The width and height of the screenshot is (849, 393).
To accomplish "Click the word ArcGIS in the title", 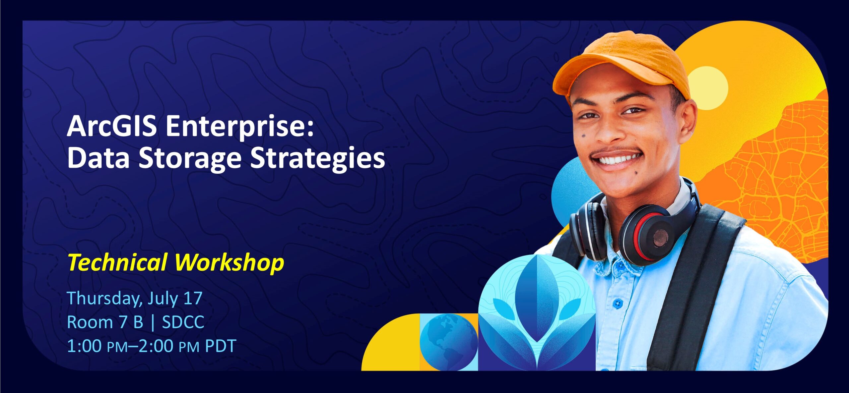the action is coord(112,127).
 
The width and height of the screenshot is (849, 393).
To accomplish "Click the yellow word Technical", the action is coord(117,262).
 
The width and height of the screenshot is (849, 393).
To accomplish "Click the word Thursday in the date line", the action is coord(104,299).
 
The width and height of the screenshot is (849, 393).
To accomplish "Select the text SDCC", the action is coord(183,322).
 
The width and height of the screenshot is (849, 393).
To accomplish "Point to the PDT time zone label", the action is coord(221,346).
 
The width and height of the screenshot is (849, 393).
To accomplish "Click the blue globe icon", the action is coord(449,342).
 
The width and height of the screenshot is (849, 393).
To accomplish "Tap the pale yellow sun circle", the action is coord(707,88).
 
